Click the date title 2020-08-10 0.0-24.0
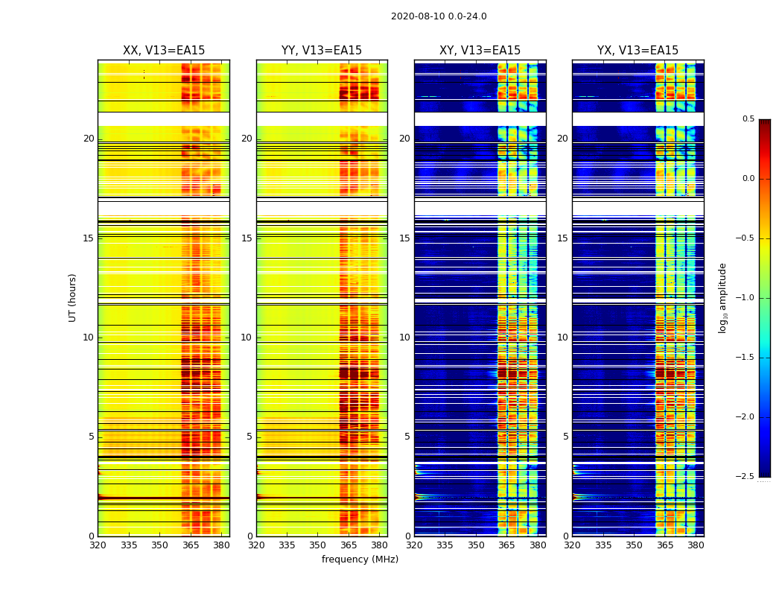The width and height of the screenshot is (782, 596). (x=439, y=16)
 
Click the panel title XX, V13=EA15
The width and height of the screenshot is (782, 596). (x=164, y=51)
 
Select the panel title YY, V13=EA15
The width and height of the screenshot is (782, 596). (x=322, y=51)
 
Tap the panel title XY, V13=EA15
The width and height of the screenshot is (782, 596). (x=480, y=51)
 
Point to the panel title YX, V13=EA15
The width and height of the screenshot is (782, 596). (x=638, y=51)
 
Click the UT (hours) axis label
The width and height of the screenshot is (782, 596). (x=72, y=297)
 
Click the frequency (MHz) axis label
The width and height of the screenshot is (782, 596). (x=360, y=559)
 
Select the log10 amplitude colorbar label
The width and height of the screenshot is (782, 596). (x=722, y=297)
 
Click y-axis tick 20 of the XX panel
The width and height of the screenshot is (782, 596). (x=89, y=139)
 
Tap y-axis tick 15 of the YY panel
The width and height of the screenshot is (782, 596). (x=247, y=238)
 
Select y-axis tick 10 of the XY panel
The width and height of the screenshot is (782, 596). (x=405, y=337)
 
